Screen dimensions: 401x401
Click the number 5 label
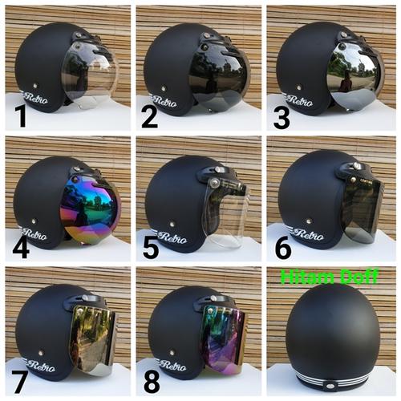[x=149, y=246]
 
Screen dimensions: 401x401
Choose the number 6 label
[x=282, y=246]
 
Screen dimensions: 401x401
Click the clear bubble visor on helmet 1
[x=90, y=76]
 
